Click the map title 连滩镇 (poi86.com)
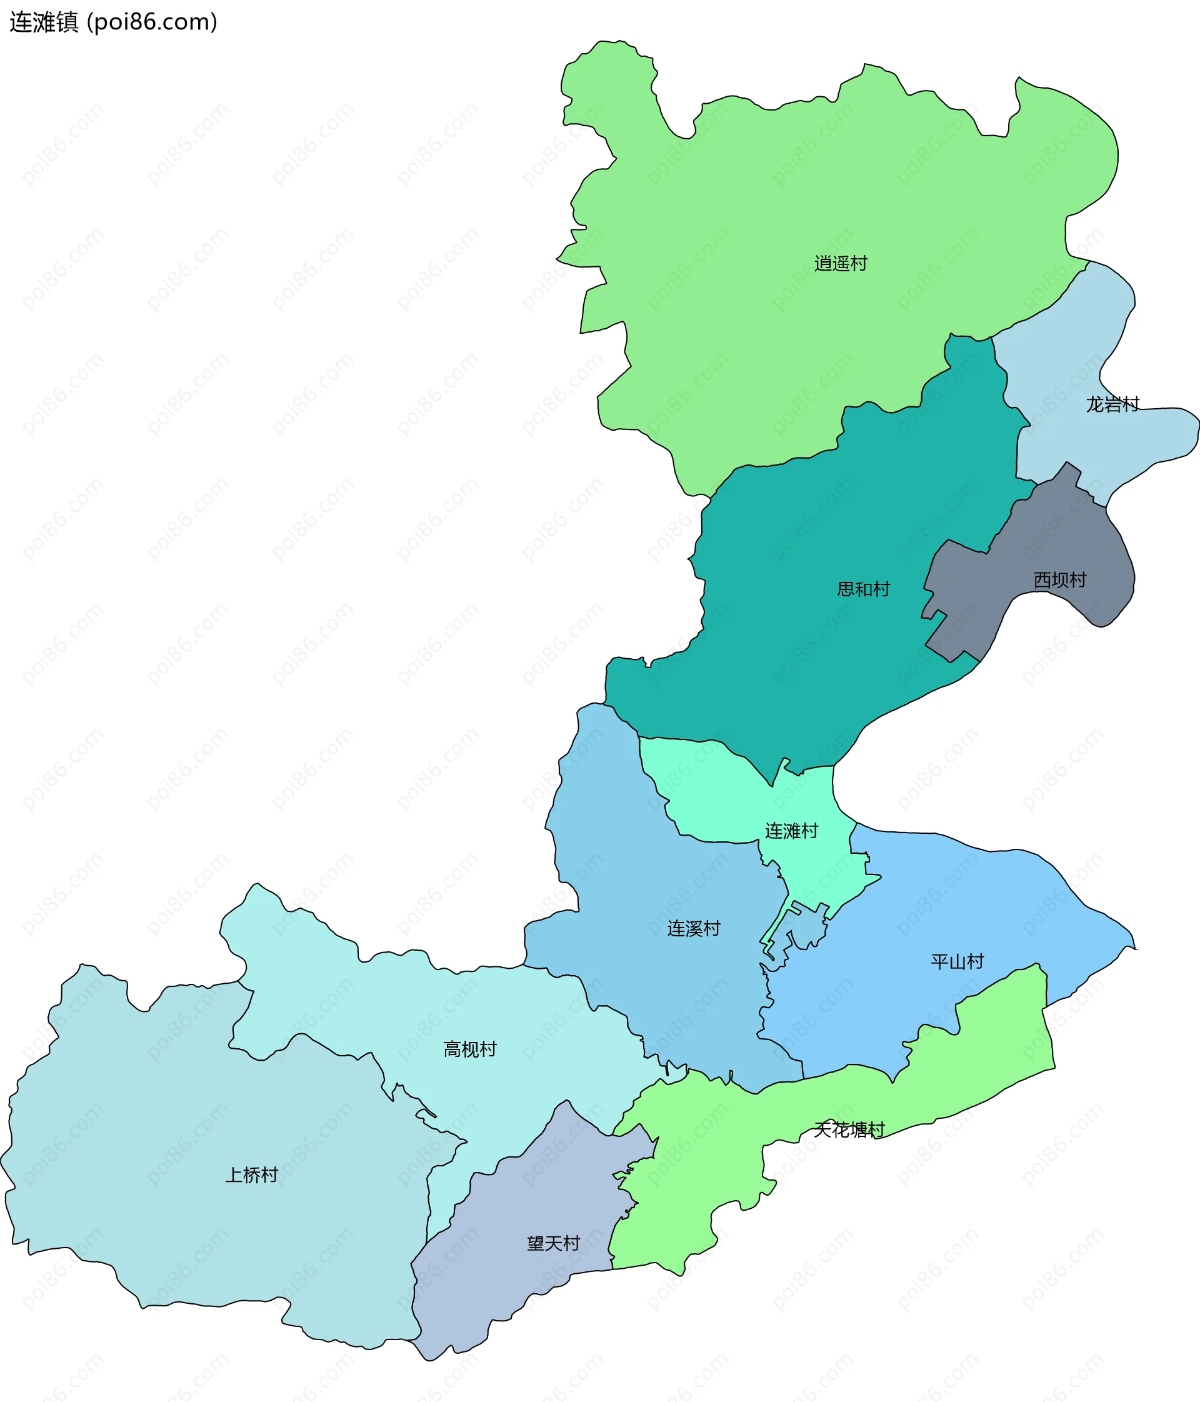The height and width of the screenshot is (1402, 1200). [114, 23]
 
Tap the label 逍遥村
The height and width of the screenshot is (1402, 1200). [840, 263]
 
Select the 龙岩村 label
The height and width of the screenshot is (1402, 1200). [1112, 404]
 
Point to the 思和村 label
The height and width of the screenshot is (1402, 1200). [863, 589]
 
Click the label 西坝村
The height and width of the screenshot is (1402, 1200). [1059, 580]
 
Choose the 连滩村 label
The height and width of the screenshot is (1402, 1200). [791, 831]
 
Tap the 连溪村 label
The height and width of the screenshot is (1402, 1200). [693, 928]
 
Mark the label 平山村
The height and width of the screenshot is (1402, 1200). [956, 961]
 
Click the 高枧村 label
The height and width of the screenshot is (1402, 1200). [469, 1049]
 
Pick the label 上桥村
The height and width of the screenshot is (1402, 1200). [252, 1174]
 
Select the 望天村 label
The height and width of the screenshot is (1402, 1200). [553, 1244]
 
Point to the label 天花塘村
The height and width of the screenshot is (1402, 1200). [849, 1129]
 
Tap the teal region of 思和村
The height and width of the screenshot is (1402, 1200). [812, 663]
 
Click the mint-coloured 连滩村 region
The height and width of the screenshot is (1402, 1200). [717, 792]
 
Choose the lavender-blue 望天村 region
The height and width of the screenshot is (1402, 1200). [514, 1286]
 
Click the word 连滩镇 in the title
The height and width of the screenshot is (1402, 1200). [44, 23]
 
